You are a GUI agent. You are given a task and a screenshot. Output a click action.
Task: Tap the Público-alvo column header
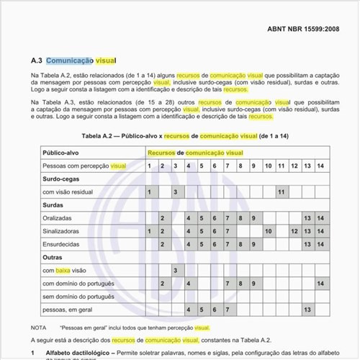click(x=60, y=153)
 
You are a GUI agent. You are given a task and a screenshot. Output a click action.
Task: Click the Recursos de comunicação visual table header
click(x=195, y=153)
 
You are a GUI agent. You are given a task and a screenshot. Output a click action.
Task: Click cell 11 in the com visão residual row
click(x=281, y=192)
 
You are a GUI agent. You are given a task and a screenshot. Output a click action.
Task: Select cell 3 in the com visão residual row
click(x=176, y=192)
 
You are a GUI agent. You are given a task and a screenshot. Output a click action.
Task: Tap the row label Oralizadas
click(x=57, y=217)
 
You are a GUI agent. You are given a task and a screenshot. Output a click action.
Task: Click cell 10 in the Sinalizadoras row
click(x=268, y=230)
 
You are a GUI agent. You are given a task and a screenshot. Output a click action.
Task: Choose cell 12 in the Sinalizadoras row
click(x=294, y=230)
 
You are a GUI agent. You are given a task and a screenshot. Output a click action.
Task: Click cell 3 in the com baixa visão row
click(x=176, y=270)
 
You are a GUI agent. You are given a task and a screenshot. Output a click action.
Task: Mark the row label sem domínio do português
click(x=78, y=296)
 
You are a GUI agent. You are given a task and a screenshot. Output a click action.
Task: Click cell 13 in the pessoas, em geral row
click(x=307, y=309)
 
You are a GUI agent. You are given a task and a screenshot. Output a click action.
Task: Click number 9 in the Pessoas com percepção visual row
click(x=254, y=166)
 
